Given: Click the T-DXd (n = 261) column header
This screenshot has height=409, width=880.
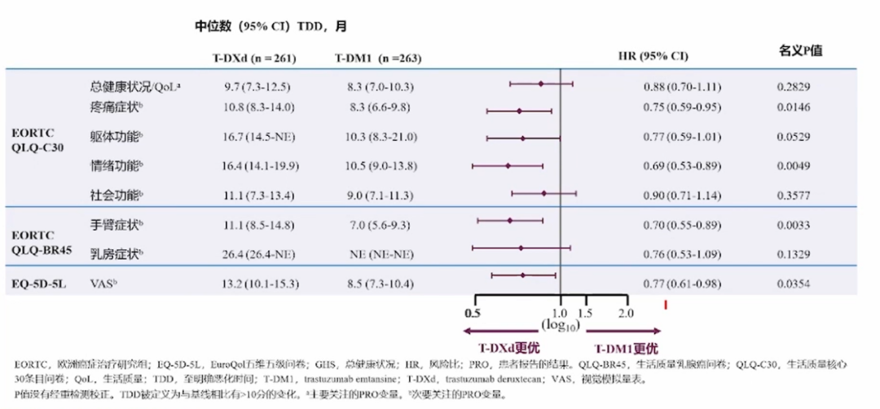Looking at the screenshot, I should tap(253, 58).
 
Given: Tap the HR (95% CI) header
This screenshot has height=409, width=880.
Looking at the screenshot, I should tap(653, 57).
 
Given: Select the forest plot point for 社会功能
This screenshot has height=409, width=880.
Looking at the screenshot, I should tap(543, 193).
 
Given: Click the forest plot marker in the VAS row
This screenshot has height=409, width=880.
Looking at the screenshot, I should tap(522, 275).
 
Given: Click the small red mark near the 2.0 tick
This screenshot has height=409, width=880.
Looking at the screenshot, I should tap(667, 306).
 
